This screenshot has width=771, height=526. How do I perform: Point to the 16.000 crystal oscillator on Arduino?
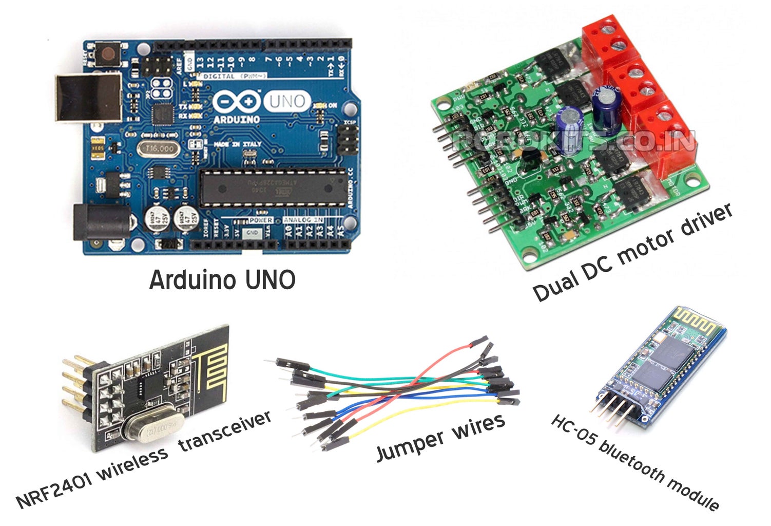(160, 148)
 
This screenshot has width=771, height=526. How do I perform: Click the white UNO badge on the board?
(287, 101)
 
